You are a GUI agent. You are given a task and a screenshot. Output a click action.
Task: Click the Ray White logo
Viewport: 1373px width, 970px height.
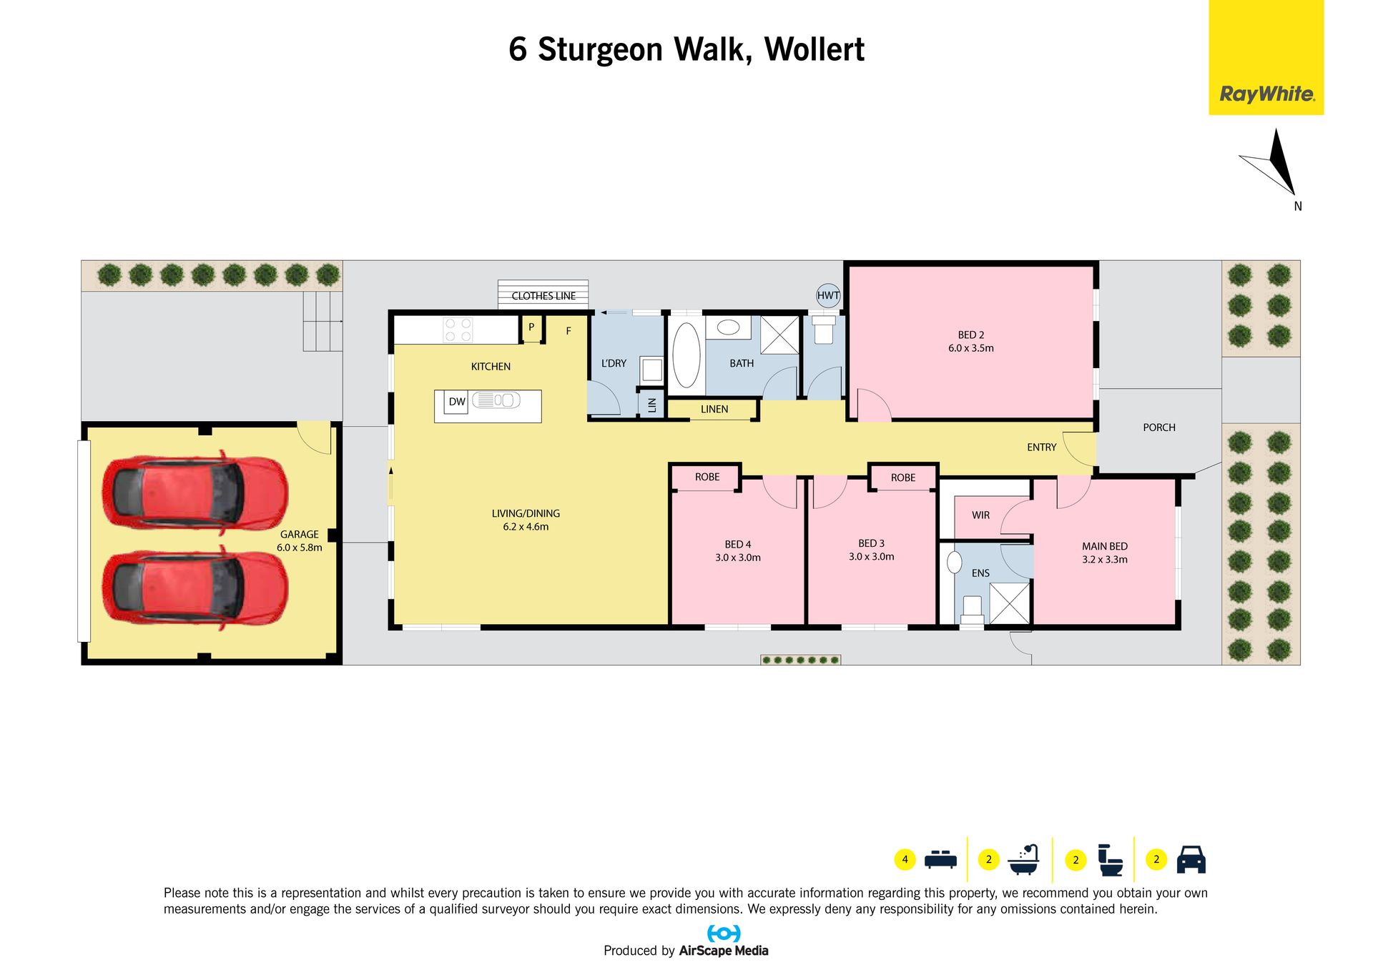click(x=1266, y=57)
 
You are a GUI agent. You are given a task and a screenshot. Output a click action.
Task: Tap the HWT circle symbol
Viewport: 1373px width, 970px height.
click(x=828, y=295)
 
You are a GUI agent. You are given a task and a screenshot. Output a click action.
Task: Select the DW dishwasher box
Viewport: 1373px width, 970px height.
click(x=457, y=402)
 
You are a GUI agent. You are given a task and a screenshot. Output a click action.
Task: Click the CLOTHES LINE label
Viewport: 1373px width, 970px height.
click(x=543, y=296)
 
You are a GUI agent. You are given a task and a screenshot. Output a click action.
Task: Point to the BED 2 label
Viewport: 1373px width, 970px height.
click(x=971, y=335)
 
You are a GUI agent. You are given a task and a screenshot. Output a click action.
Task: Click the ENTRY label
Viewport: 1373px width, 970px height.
click(x=1041, y=447)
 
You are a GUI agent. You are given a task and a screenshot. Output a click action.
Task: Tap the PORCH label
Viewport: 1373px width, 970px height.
click(x=1159, y=427)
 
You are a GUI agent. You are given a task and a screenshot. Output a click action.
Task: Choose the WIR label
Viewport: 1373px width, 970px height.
click(x=981, y=515)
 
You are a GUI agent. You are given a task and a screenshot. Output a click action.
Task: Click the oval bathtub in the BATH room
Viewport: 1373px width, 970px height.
click(x=686, y=355)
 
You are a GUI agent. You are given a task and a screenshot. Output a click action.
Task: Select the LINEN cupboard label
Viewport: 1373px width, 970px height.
click(x=714, y=410)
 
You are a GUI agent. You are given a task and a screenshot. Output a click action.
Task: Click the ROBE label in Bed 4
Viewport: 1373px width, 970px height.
click(x=707, y=477)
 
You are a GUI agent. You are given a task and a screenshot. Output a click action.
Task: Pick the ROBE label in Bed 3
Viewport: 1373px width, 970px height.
click(x=903, y=477)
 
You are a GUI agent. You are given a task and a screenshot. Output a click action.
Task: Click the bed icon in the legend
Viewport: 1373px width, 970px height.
click(x=940, y=859)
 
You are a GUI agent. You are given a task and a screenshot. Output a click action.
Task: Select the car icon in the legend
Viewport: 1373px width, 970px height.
click(x=1191, y=859)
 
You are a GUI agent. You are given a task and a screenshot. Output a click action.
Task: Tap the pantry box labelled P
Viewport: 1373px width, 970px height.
click(x=531, y=328)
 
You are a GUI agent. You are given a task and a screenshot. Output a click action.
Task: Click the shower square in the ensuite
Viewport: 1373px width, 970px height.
click(x=1010, y=603)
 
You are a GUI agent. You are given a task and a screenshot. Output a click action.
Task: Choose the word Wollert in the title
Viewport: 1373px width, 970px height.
click(x=815, y=49)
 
